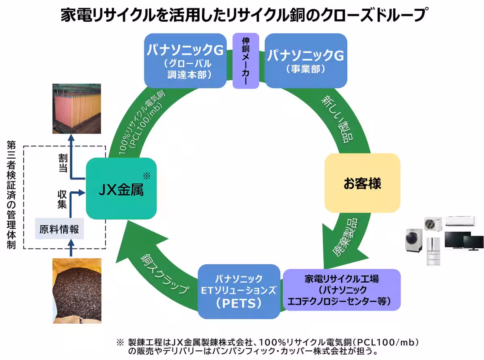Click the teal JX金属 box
121,188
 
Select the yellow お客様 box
362,184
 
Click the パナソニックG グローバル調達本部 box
185,61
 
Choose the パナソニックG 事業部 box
305,61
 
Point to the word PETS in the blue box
239,303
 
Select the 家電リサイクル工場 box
342,290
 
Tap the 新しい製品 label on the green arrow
338,119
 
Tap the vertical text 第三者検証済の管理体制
11,195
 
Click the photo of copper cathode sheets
77,109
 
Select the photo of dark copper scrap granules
77,291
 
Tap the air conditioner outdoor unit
433,224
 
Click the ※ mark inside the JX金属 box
146,176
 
